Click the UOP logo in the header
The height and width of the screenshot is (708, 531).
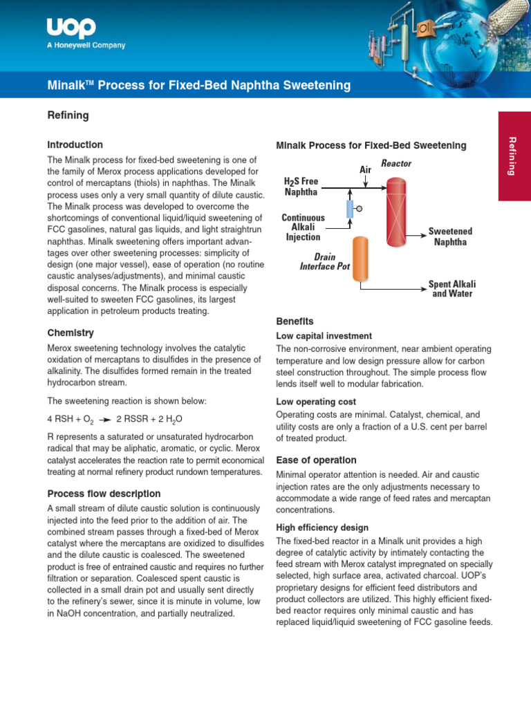(71, 28)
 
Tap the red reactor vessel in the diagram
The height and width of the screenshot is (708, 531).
(396, 212)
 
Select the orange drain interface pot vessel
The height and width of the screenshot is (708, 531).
(360, 259)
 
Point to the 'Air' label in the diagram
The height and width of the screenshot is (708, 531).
(366, 169)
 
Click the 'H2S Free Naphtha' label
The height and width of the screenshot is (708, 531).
(301, 186)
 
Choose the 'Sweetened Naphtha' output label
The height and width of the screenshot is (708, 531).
(450, 236)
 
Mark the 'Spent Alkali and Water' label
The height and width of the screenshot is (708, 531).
(452, 288)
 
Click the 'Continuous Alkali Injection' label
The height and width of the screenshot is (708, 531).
(303, 227)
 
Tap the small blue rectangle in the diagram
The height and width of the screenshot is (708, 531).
(349, 209)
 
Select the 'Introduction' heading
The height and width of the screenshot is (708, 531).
(75, 145)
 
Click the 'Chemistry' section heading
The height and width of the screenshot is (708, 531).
(70, 333)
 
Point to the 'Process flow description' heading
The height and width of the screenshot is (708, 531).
(104, 494)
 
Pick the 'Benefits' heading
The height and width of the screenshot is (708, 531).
(295, 322)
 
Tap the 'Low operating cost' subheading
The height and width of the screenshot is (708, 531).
(316, 402)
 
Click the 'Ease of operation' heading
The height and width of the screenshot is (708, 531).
(316, 460)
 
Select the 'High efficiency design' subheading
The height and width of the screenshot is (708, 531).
(322, 528)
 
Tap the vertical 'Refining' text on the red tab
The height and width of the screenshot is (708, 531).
(512, 156)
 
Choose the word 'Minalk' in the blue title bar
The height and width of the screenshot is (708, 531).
(66, 86)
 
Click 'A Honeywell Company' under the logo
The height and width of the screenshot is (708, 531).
(86, 46)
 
